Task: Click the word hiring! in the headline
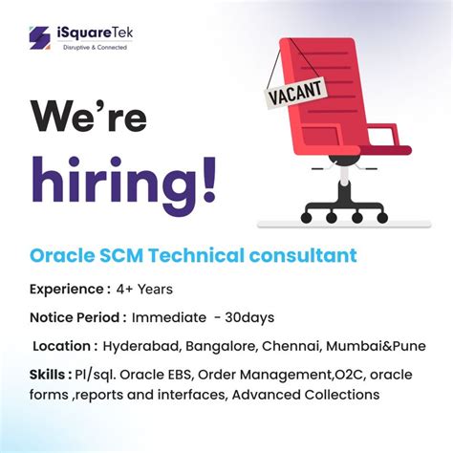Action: [x=122, y=179]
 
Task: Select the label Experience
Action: [x=65, y=288]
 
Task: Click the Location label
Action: [x=66, y=345]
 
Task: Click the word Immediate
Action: [x=169, y=316]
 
